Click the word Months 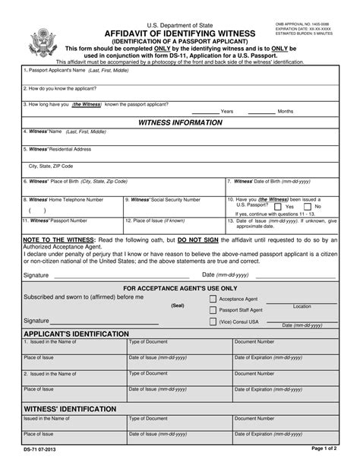click(x=286, y=111)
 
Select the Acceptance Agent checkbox click(x=213, y=299)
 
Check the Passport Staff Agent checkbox click(x=213, y=310)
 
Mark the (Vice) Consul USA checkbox click(x=213, y=322)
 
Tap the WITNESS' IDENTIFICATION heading click(x=59, y=408)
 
